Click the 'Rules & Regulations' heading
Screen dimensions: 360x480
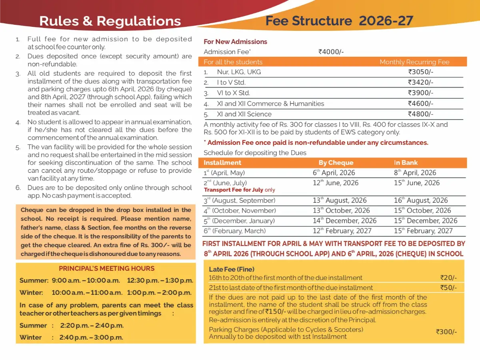point(110,21)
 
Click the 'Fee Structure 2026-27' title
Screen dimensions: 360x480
point(339,21)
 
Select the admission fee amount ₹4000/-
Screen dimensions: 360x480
point(331,52)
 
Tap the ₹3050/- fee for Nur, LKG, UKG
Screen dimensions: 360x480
point(420,72)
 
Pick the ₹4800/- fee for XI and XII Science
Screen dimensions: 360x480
point(420,114)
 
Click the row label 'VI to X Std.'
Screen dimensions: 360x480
point(233,93)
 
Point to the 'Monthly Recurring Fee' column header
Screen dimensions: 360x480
point(414,62)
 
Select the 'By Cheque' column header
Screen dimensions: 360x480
point(336,163)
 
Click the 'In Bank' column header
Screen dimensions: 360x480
point(406,163)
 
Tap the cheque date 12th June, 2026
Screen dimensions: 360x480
point(336,183)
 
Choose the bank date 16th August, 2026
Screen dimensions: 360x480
point(420,200)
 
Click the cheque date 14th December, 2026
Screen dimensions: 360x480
point(344,221)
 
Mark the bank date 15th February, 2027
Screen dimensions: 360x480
point(423,231)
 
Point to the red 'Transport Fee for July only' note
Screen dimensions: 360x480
point(240,190)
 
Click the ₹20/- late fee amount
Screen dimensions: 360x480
point(448,278)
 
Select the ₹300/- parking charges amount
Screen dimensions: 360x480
point(446,332)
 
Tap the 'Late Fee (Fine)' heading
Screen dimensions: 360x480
point(232,269)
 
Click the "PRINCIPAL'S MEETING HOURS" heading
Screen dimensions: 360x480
point(106,268)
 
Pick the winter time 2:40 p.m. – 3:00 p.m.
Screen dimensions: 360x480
point(91,337)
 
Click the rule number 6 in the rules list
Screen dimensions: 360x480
point(18,188)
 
